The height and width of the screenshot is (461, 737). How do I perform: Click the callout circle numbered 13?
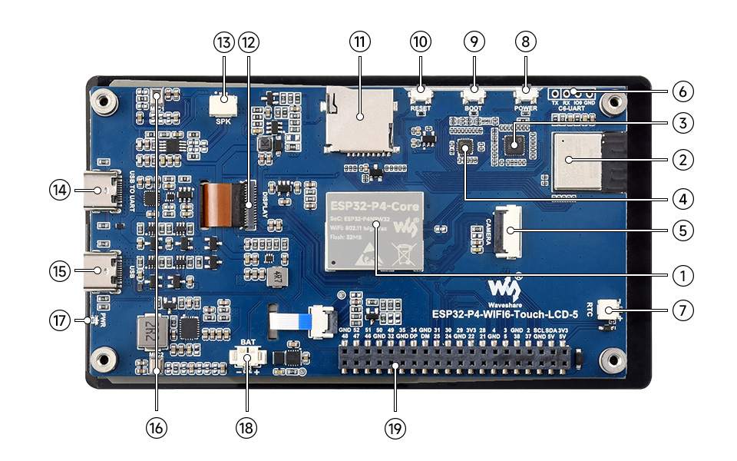pos(223,43)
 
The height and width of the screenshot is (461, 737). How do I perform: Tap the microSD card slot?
pos(358,118)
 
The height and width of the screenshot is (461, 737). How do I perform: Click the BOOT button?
pos(474,95)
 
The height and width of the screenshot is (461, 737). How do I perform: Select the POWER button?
pos(526,95)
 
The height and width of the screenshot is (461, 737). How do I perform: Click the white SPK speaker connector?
pos(223,100)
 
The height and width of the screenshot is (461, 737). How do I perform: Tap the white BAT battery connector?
pos(247,359)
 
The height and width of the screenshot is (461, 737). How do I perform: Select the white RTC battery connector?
pos(611,311)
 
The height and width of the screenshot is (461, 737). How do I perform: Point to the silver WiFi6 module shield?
pos(573,161)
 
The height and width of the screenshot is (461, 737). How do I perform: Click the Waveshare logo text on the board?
pos(506,300)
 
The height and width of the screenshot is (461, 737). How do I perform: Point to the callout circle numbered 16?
pos(157,428)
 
